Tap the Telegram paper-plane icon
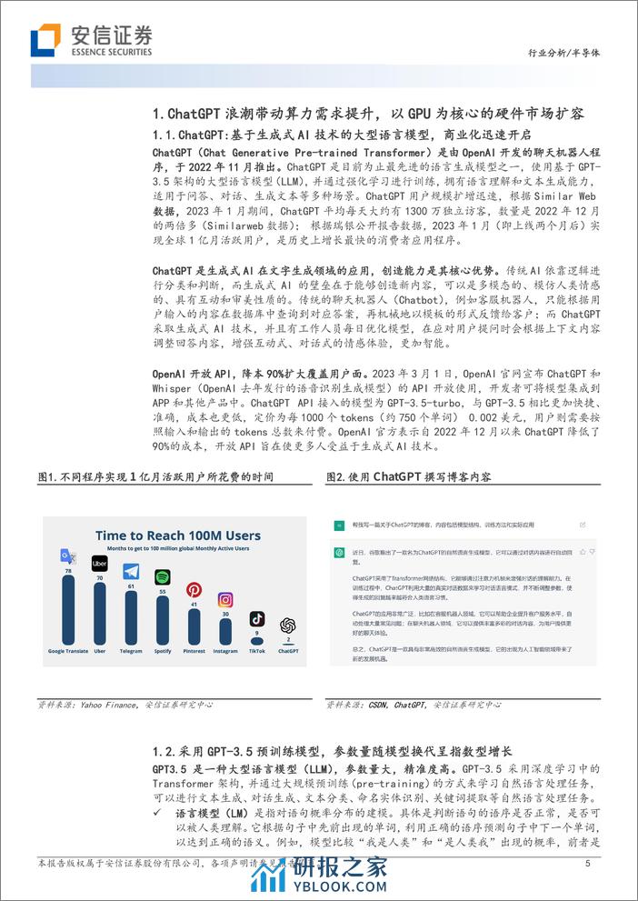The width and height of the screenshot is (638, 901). (131, 572)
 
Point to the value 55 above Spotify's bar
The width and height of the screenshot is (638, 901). (163, 592)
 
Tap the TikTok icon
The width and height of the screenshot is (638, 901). (257, 619)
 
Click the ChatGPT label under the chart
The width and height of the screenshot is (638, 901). (288, 651)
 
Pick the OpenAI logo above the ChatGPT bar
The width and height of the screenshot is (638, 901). (288, 625)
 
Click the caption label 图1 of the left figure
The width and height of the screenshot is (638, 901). (46, 476)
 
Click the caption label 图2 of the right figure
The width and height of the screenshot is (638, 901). (334, 476)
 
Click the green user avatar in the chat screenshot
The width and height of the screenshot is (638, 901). (338, 526)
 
